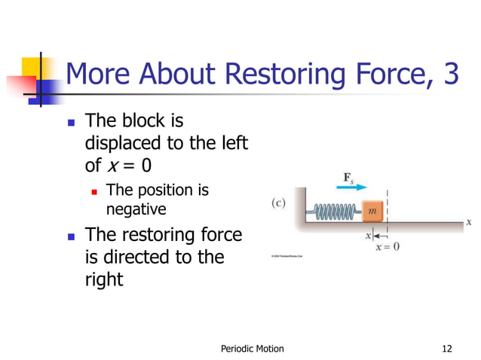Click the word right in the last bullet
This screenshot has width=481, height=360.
pos(104,279)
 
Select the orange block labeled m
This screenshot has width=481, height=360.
pos(372,211)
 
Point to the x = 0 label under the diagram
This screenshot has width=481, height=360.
pos(387,246)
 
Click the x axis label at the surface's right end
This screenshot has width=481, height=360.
pos(468,222)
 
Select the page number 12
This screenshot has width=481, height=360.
pos(448,348)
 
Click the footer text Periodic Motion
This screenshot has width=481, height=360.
pos(252,348)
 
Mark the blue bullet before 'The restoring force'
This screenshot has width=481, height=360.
pos(72,236)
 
